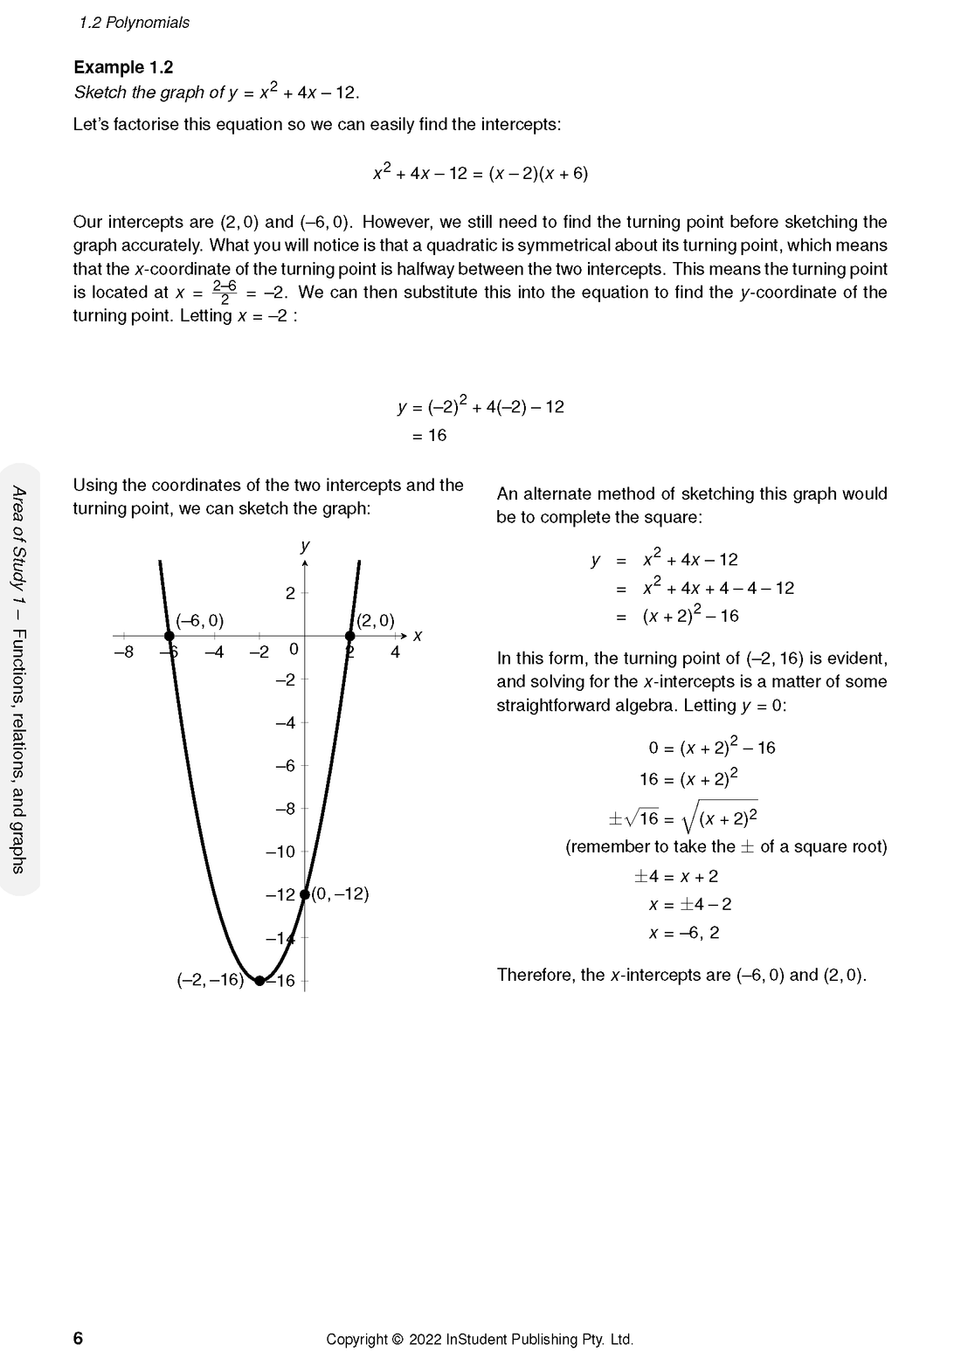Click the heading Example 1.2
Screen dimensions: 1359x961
click(x=123, y=67)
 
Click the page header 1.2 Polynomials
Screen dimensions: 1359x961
click(x=134, y=23)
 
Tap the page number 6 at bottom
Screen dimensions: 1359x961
click(x=78, y=1338)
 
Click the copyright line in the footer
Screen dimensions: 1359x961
click(x=479, y=1339)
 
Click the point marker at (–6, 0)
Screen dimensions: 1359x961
click(x=169, y=636)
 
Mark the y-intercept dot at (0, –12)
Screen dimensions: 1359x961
click(x=304, y=893)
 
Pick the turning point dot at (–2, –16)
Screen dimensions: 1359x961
click(x=259, y=980)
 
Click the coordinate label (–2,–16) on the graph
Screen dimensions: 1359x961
click(x=210, y=980)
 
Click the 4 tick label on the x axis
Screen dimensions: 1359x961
click(x=395, y=652)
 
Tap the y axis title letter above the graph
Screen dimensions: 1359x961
click(x=305, y=546)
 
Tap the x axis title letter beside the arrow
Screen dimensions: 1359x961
click(x=418, y=636)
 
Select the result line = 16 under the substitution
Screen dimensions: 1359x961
click(x=429, y=435)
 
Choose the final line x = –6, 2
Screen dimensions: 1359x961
click(x=684, y=933)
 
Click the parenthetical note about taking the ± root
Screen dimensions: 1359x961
click(x=726, y=846)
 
